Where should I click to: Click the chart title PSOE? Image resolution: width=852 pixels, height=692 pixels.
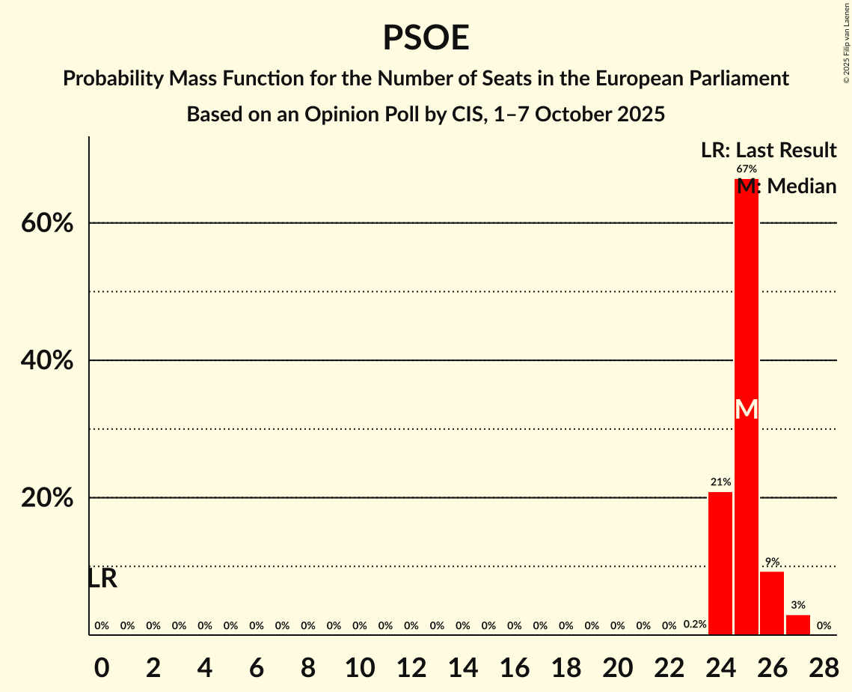click(426, 37)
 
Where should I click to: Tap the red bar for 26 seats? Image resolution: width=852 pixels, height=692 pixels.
click(772, 603)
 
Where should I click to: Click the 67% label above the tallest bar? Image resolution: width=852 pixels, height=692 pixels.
click(746, 169)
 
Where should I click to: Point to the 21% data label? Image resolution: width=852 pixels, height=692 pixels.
click(720, 482)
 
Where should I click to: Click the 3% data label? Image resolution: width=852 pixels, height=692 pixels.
click(798, 605)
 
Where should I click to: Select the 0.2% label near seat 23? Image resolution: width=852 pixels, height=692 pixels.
click(695, 625)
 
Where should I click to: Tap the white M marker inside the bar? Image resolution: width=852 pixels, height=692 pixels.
click(747, 409)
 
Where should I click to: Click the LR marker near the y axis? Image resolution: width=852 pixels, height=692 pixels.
click(102, 578)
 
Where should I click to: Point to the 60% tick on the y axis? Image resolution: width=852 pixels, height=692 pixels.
click(47, 223)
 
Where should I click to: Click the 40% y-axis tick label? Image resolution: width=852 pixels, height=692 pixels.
click(47, 361)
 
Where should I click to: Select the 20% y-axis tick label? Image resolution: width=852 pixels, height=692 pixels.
click(47, 498)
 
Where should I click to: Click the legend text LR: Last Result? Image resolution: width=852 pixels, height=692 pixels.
click(768, 151)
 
